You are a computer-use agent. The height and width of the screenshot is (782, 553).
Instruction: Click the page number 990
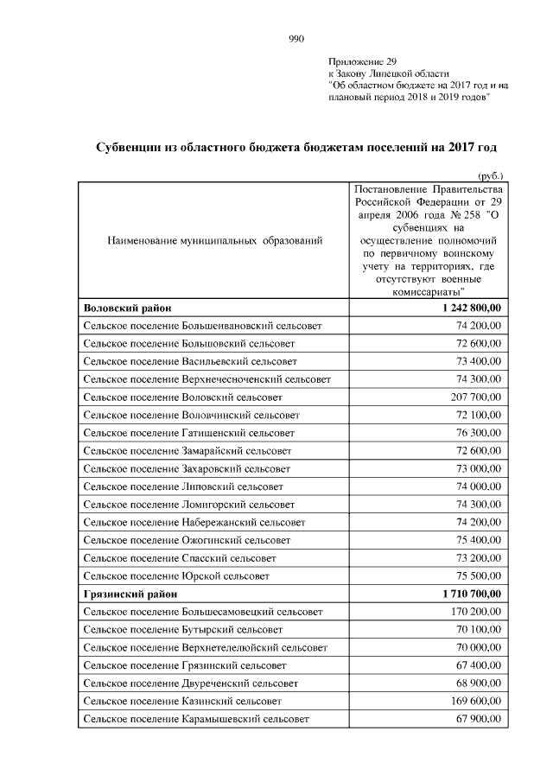pos(296,38)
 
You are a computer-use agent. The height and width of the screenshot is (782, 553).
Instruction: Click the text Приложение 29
pos(362,62)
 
